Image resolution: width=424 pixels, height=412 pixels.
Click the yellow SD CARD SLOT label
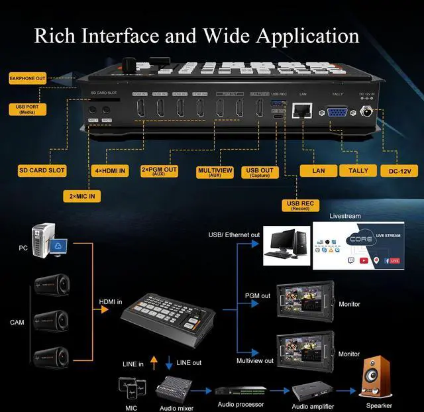coord(42,170)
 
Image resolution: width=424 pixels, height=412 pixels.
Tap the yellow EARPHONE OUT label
coord(27,78)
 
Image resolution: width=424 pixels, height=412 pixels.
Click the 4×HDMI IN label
coord(109,171)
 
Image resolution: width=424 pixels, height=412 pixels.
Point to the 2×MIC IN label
coord(83,196)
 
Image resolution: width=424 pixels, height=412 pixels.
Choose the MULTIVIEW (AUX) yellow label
coord(215,172)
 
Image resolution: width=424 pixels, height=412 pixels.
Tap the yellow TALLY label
coord(358,170)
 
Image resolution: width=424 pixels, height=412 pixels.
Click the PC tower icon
coord(46,242)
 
